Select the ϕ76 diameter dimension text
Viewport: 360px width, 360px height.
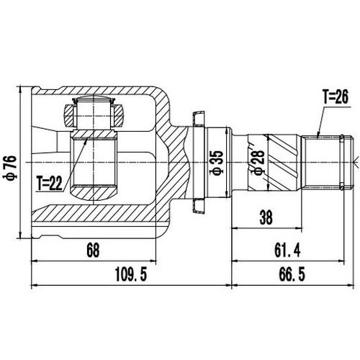click(8, 165)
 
